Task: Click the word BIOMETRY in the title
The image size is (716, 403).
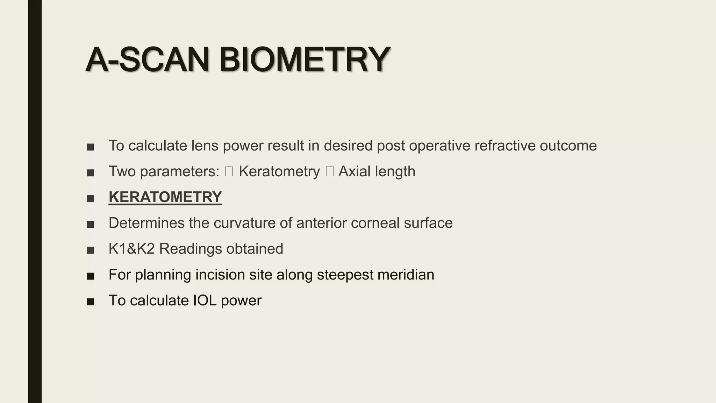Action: (304, 60)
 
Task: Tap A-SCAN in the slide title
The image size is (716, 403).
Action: (147, 60)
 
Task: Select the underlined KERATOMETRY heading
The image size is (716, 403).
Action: (165, 197)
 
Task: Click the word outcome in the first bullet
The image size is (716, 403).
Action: (568, 146)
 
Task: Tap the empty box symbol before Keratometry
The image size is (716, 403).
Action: (229, 171)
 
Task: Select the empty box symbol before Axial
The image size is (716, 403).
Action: (329, 171)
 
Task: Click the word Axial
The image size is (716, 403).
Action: (354, 171)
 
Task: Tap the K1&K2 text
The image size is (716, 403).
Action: (131, 249)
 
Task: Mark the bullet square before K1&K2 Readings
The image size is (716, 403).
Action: (91, 250)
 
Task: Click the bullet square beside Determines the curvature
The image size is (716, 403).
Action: (91, 224)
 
